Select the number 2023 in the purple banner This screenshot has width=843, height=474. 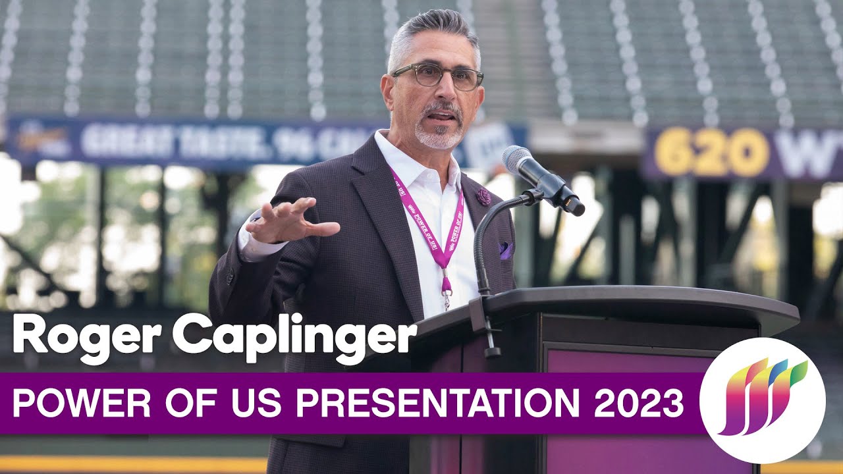[638, 403]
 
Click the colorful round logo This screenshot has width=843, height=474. [762, 400]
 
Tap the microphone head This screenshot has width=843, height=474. [518, 159]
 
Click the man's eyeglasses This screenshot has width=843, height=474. [438, 76]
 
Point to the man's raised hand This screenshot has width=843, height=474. [290, 221]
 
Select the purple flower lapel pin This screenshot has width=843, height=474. [483, 196]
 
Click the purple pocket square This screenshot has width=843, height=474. [505, 250]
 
